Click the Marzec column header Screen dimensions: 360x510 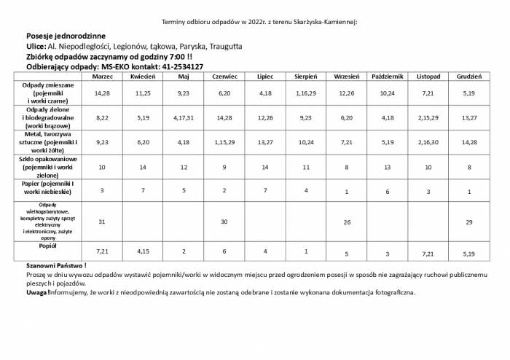[102, 76]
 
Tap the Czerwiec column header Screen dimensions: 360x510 [224, 76]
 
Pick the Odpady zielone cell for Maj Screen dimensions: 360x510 [184, 117]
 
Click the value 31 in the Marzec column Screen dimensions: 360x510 [102, 221]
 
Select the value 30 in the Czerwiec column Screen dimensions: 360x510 [224, 221]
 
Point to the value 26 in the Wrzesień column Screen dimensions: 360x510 [347, 221]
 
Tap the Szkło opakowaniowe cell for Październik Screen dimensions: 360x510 [388, 167]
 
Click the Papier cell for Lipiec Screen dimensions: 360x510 [265, 190]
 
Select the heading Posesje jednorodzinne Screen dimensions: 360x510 [66, 36]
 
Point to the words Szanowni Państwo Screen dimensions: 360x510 [55, 265]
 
